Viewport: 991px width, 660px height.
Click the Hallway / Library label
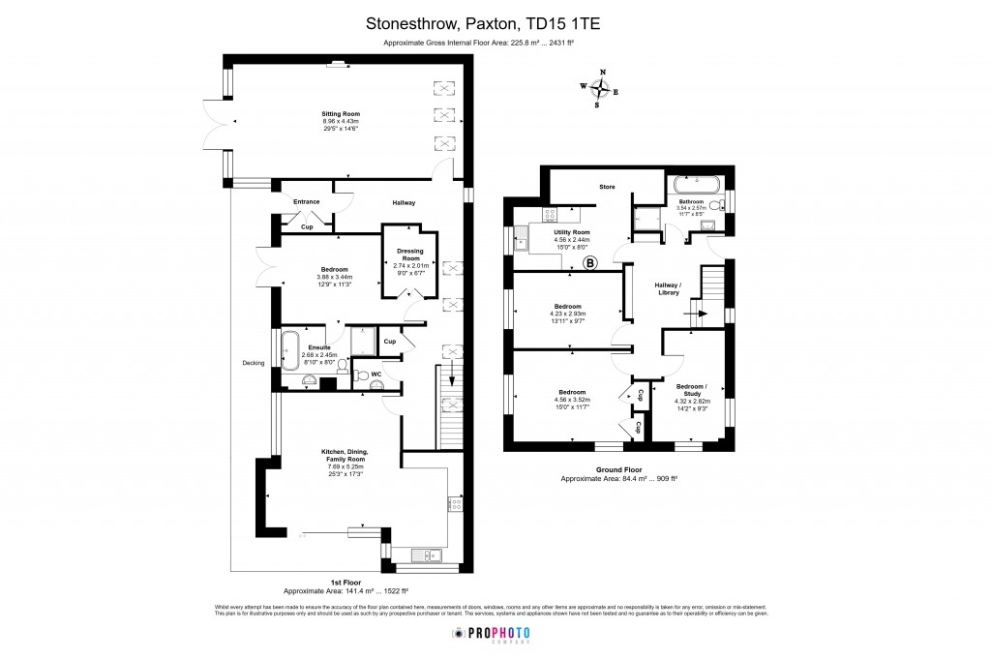669,289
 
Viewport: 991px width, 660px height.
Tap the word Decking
254,364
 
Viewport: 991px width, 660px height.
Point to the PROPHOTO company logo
495,633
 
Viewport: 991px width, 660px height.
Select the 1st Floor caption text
345,583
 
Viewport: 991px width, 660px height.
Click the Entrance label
307,201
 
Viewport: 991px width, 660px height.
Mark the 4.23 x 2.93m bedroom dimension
566,314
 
